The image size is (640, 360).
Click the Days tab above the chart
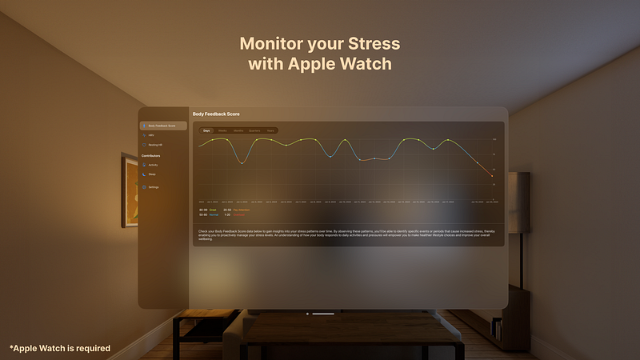click(x=206, y=130)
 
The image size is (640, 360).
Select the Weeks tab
click(x=222, y=130)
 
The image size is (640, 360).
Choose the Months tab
click(x=238, y=130)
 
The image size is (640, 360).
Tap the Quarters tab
click(x=254, y=130)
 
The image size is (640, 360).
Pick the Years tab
click(x=271, y=130)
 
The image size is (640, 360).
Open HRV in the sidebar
click(x=150, y=136)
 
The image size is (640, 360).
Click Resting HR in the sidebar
click(x=154, y=145)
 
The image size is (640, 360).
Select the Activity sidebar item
click(x=152, y=165)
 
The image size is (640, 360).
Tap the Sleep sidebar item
click(x=151, y=174)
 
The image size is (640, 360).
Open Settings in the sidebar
click(x=153, y=187)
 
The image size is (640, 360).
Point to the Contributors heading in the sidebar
click(x=151, y=155)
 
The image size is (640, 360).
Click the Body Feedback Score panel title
click(x=216, y=114)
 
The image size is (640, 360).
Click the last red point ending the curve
click(x=491, y=175)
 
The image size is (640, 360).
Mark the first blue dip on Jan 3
click(x=242, y=163)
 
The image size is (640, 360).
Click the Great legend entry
click(x=213, y=210)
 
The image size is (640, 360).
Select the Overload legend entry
click(x=238, y=215)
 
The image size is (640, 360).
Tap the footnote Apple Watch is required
click(x=60, y=348)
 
